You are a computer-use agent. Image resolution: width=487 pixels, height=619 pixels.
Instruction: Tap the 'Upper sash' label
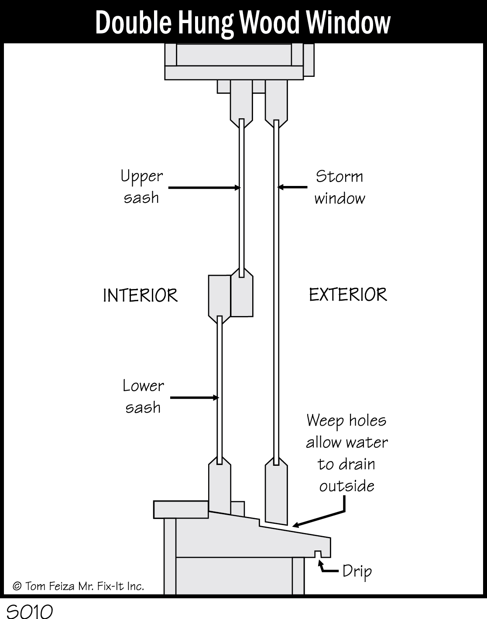(141, 187)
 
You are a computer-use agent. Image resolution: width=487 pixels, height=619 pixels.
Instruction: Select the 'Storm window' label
(340, 187)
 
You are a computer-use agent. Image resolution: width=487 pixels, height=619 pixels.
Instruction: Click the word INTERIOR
(140, 296)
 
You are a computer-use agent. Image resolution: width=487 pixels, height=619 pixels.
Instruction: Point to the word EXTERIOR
(348, 295)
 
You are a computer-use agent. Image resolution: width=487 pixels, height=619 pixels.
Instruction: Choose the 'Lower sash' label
(143, 396)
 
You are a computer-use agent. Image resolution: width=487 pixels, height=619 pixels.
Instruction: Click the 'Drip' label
(357, 571)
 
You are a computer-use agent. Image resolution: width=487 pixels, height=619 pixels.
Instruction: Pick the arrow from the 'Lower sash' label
(194, 398)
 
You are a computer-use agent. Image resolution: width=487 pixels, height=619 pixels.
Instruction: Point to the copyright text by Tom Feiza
(79, 586)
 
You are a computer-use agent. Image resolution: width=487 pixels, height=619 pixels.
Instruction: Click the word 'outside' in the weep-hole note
(346, 486)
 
